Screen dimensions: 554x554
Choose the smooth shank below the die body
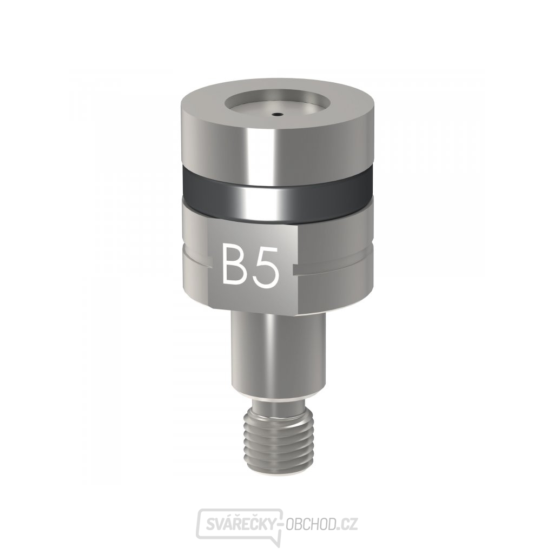(278, 352)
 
